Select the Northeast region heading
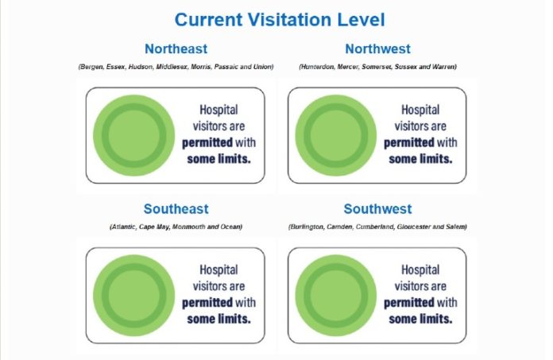pyautogui.click(x=176, y=48)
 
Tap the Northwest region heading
pyautogui.click(x=377, y=48)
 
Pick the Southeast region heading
pyautogui.click(x=176, y=209)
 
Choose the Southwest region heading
pyautogui.click(x=377, y=209)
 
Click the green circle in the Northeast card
pyautogui.click(x=134, y=135)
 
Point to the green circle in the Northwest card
pyautogui.click(x=336, y=135)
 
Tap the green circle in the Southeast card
pyautogui.click(x=134, y=296)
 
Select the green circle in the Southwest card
pyautogui.click(x=336, y=296)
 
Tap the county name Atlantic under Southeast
pyautogui.click(x=124, y=226)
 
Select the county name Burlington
pyautogui.click(x=307, y=226)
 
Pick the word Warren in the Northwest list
pyautogui.click(x=446, y=67)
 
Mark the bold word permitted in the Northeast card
pyautogui.click(x=207, y=143)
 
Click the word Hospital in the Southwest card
pyautogui.click(x=420, y=270)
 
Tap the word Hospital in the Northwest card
pyautogui.click(x=420, y=110)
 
